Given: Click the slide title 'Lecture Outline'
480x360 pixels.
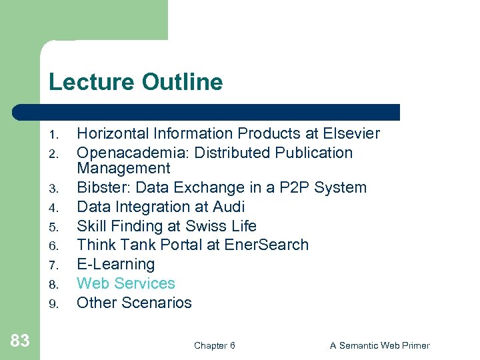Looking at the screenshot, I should (135, 83).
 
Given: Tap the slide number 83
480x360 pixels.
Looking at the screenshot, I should (20, 341).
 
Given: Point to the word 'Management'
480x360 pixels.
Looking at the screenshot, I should (123, 169).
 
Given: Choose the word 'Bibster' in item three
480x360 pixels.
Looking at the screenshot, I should (100, 188).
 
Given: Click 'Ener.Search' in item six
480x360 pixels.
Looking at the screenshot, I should (267, 245).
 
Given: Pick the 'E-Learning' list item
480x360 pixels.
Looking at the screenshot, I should (115, 264).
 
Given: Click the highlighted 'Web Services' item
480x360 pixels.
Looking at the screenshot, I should (125, 283).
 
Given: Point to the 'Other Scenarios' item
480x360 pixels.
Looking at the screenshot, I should (134, 303).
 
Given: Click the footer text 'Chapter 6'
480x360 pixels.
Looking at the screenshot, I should (214, 345).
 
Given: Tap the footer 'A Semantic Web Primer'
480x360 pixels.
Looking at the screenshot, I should (379, 345).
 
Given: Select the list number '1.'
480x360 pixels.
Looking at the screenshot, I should (55, 135).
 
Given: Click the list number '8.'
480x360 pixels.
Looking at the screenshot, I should (55, 285).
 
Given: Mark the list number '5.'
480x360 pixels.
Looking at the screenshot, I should (55, 227).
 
